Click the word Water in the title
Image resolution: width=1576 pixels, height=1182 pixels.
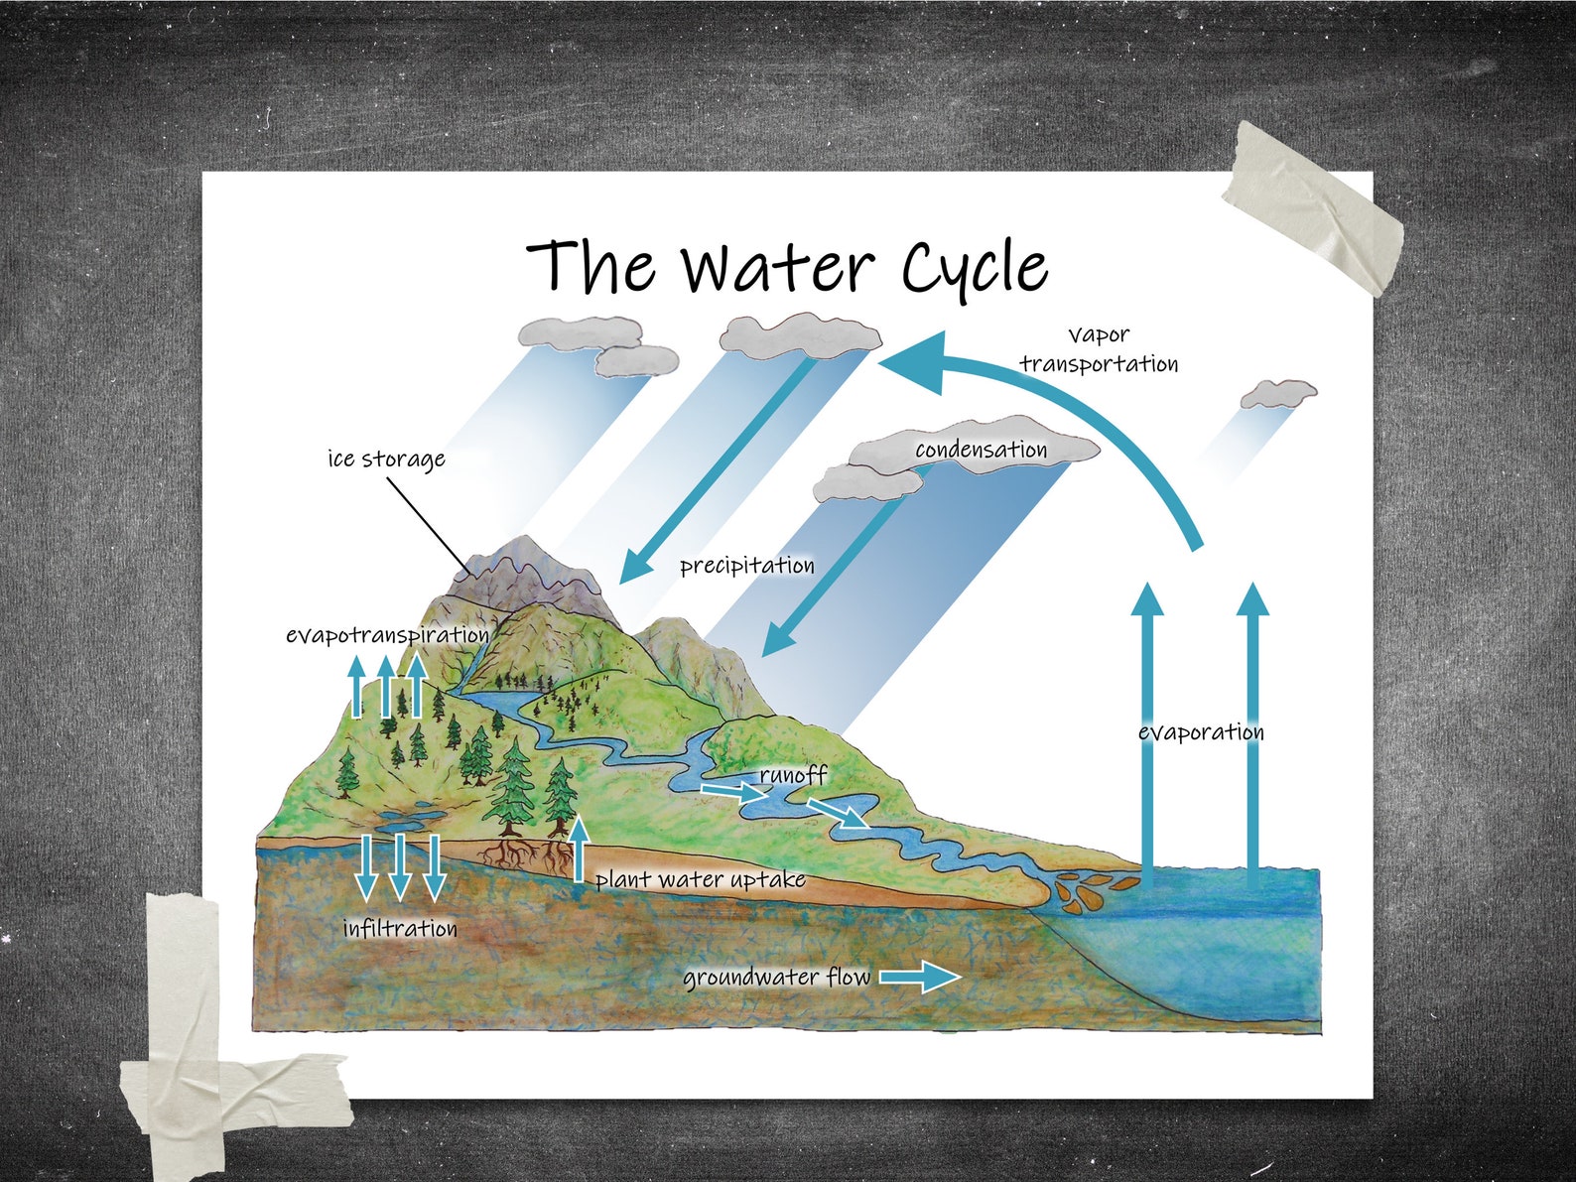tap(777, 266)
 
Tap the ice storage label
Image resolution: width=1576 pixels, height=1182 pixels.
tap(386, 460)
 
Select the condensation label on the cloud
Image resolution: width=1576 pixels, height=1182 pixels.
tap(981, 450)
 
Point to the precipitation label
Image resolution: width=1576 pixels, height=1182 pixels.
tap(746, 566)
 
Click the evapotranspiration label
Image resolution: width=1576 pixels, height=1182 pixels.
tap(387, 635)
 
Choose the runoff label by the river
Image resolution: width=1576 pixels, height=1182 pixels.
tap(793, 774)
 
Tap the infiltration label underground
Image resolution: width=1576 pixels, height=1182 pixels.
tap(400, 929)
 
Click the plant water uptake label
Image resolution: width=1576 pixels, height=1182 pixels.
tap(700, 879)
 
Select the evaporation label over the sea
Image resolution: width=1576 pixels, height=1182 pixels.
tap(1201, 732)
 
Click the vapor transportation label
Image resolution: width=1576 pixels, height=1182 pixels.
tap(1099, 349)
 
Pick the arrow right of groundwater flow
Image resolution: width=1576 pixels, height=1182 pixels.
tap(920, 977)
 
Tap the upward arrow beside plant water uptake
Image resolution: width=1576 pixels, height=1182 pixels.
tap(580, 848)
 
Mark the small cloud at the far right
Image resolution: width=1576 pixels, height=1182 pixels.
tap(1278, 394)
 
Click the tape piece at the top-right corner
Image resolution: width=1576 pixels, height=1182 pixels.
tap(1312, 209)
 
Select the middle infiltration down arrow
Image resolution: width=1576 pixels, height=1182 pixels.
tap(400, 865)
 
